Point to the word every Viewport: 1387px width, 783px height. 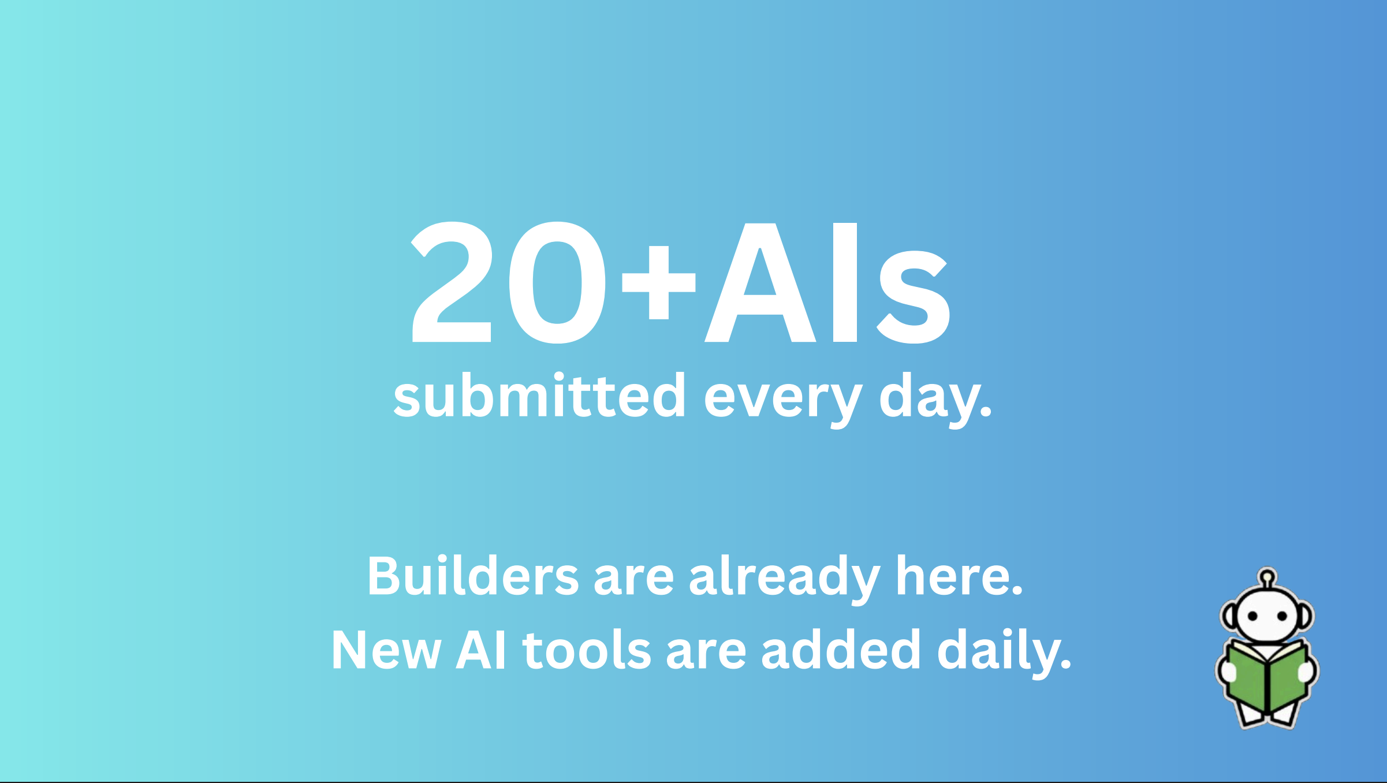click(x=782, y=398)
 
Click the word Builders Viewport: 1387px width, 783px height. click(x=473, y=576)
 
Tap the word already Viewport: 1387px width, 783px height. click(x=784, y=577)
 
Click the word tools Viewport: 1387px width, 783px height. click(x=587, y=650)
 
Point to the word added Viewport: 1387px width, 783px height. click(x=841, y=650)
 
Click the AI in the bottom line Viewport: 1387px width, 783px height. click(x=482, y=650)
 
